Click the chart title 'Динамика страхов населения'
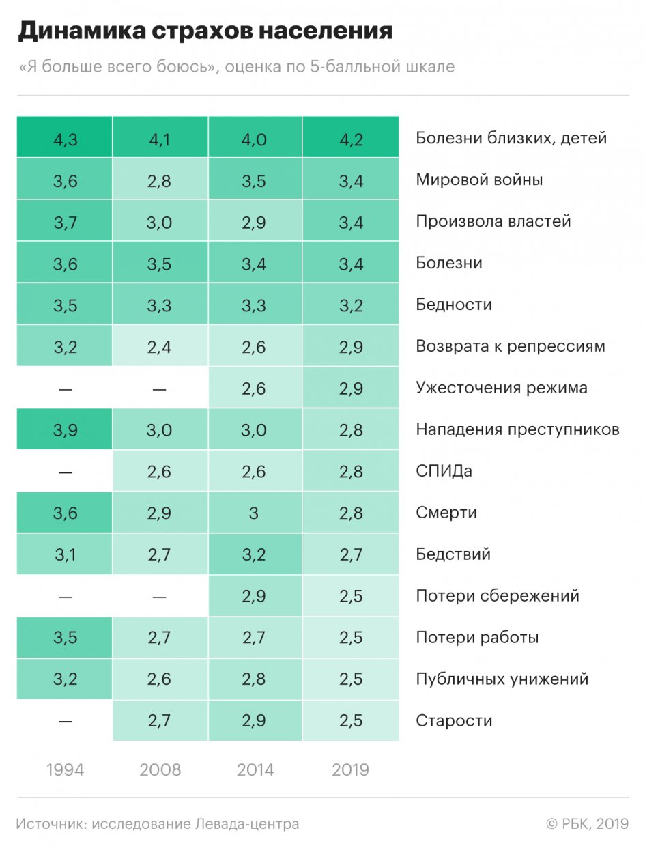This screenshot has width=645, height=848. click(x=205, y=31)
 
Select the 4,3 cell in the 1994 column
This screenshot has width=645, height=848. click(x=65, y=138)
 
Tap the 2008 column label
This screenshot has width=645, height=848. click(x=160, y=770)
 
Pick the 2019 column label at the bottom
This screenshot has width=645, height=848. click(x=350, y=770)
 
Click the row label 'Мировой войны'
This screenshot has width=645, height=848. click(x=479, y=180)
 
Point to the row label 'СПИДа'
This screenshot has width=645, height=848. click(x=444, y=471)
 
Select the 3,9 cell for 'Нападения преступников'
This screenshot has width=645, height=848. click(x=65, y=429)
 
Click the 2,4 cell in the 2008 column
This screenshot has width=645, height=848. click(x=160, y=346)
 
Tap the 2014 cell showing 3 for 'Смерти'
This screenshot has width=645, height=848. click(x=255, y=513)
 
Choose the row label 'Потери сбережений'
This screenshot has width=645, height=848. click(x=498, y=596)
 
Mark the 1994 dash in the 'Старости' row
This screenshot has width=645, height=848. click(x=65, y=721)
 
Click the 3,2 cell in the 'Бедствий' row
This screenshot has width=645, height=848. click(x=255, y=554)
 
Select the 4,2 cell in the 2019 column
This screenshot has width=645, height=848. click(x=350, y=138)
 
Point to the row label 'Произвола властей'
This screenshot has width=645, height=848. click(x=493, y=222)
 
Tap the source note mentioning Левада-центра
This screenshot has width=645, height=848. click(x=158, y=824)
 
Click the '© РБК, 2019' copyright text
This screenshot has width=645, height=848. click(x=587, y=824)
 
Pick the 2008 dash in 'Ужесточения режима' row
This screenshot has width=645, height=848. click(x=160, y=388)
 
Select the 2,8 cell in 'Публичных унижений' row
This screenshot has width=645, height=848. click(x=255, y=679)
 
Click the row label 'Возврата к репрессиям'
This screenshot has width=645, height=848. click(x=511, y=346)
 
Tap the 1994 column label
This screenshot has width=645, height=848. click(x=65, y=770)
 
